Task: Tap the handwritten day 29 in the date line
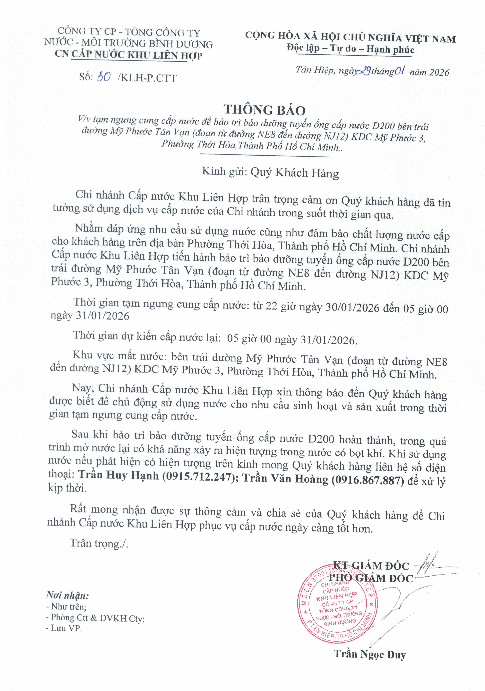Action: click(x=365, y=71)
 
